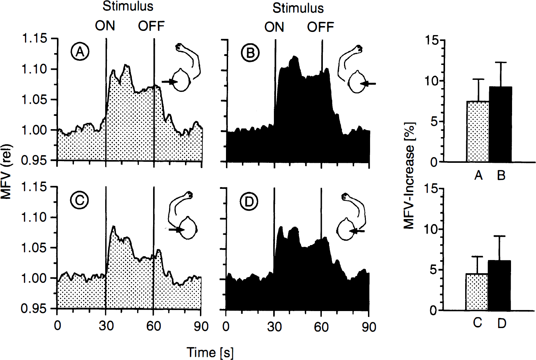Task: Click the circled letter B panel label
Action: pos(250,53)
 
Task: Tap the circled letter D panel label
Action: pos(249,202)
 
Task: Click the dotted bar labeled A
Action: pos(478,132)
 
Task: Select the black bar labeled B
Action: pos(500,124)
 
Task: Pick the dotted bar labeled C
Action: pos(477,292)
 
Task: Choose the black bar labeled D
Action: pos(499,285)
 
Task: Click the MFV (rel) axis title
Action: pos(7,171)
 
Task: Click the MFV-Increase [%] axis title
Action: pos(409,176)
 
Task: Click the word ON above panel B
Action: pos(274,27)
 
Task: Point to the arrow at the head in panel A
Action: pos(169,82)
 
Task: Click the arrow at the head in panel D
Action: pos(357,231)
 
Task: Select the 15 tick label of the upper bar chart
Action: pos(433,40)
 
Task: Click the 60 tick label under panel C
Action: pos(153,326)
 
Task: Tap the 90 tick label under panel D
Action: pos(369,327)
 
